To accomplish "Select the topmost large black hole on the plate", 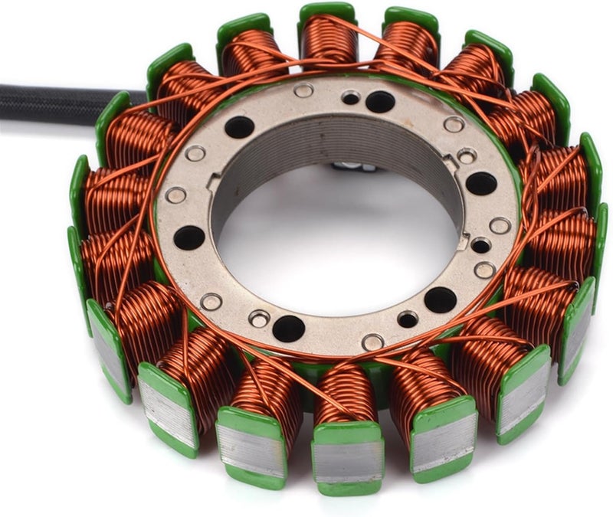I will click(380, 101).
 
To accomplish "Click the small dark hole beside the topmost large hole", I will click(351, 97).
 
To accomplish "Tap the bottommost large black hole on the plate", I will click(288, 328).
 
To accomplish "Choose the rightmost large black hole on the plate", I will click(481, 183).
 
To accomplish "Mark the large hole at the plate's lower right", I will click(440, 299).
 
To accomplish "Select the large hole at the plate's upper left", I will click(239, 127).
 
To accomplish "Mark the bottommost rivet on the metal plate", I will click(372, 342).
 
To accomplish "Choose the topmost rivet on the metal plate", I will click(304, 90).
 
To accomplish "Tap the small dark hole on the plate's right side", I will click(480, 245).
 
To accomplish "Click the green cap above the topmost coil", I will click(328, 11).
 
